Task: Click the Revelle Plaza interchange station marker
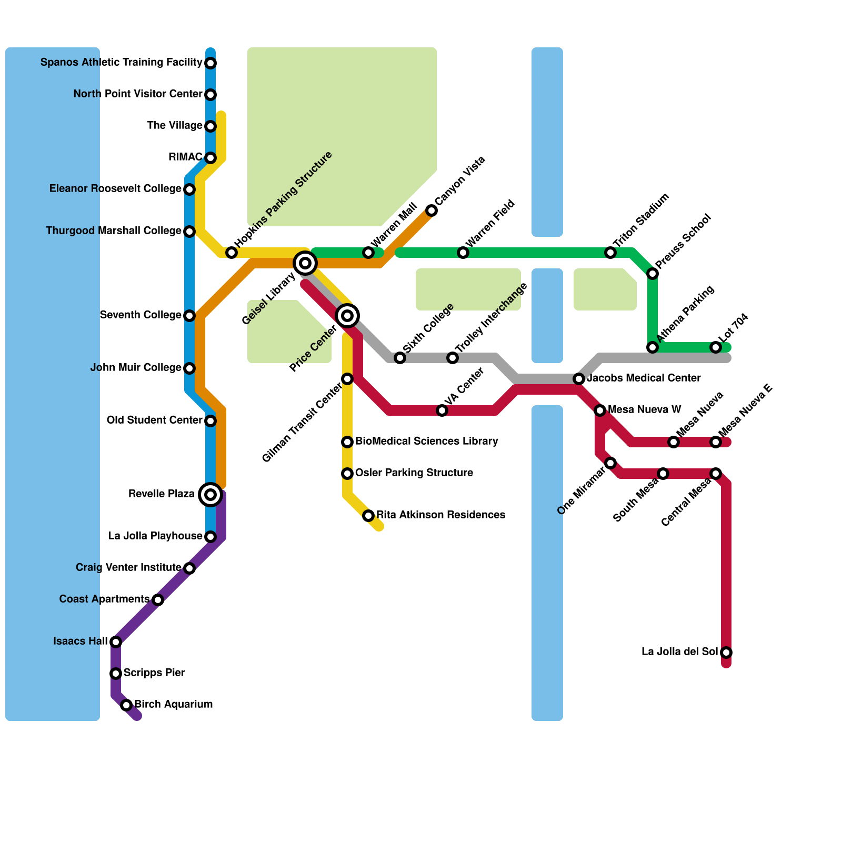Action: coord(210,495)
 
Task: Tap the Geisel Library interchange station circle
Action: coord(305,263)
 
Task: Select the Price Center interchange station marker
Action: coord(347,316)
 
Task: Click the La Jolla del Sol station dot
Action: coord(726,653)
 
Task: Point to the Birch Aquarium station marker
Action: coord(126,705)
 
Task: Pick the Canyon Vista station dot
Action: coord(432,210)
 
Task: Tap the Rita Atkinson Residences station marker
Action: coord(368,516)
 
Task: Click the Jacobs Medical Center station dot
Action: coord(579,379)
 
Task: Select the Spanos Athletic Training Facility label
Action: coord(122,63)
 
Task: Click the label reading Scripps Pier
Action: coord(154,673)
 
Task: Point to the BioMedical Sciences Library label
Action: coord(426,442)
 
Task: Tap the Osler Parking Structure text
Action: coord(414,473)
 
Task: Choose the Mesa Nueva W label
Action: coord(644,410)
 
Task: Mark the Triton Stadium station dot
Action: coord(610,253)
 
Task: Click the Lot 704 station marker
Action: coord(716,347)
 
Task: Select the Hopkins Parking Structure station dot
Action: coord(232,253)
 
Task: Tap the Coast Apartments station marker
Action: coord(158,600)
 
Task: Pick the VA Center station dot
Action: coord(442,410)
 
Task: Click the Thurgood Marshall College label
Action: coord(114,231)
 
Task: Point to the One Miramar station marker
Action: coord(610,463)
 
